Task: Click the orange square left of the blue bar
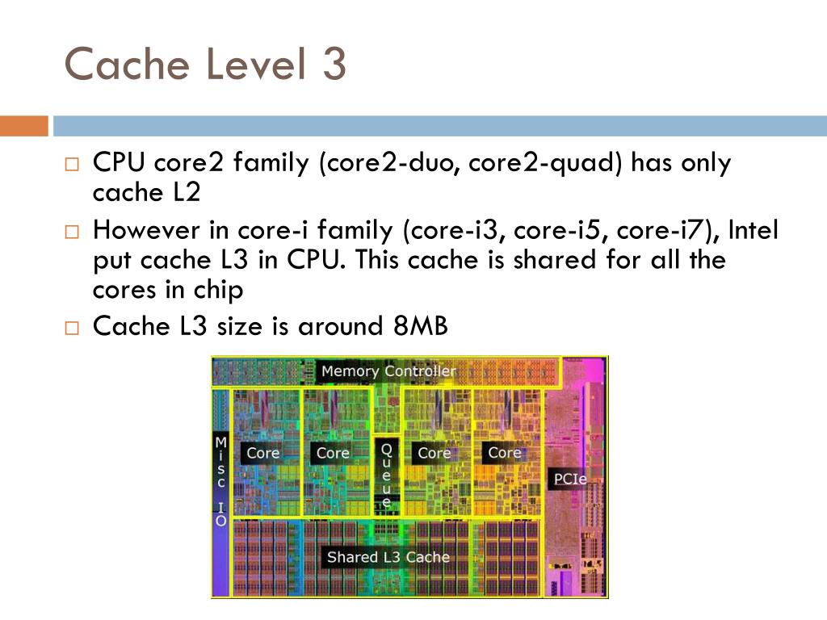(x=24, y=126)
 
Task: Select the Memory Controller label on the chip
(x=388, y=371)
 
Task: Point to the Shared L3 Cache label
(x=388, y=557)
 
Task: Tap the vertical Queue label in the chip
(x=386, y=475)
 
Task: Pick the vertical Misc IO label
(x=220, y=481)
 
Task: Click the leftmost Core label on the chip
(x=262, y=453)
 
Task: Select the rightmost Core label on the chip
(x=504, y=453)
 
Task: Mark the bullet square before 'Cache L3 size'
(x=71, y=329)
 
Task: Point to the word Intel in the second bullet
(x=754, y=231)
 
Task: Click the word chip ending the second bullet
(x=215, y=291)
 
